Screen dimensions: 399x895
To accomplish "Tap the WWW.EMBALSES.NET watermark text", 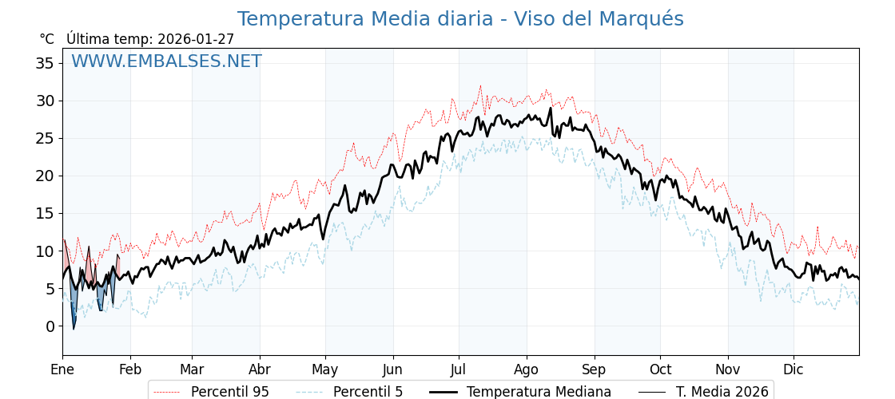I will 166,61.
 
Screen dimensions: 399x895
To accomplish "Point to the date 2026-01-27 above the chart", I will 196,39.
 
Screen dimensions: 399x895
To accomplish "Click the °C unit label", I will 46,39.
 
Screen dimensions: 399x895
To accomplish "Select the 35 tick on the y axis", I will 45,63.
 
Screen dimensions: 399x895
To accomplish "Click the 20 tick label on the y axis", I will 45,176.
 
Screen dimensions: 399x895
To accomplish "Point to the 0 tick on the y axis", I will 50,326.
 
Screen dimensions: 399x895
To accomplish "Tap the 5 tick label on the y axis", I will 50,289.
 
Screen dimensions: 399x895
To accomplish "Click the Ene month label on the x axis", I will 62,369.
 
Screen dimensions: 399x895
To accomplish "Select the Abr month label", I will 260,369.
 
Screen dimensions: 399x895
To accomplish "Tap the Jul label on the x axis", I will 459,369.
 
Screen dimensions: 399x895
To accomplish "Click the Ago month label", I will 527,369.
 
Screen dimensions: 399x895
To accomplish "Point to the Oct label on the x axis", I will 660,369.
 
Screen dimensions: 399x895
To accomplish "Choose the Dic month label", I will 794,369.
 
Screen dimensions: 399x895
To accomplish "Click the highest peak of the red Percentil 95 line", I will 480,86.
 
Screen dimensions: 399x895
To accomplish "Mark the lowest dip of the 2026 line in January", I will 74,329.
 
